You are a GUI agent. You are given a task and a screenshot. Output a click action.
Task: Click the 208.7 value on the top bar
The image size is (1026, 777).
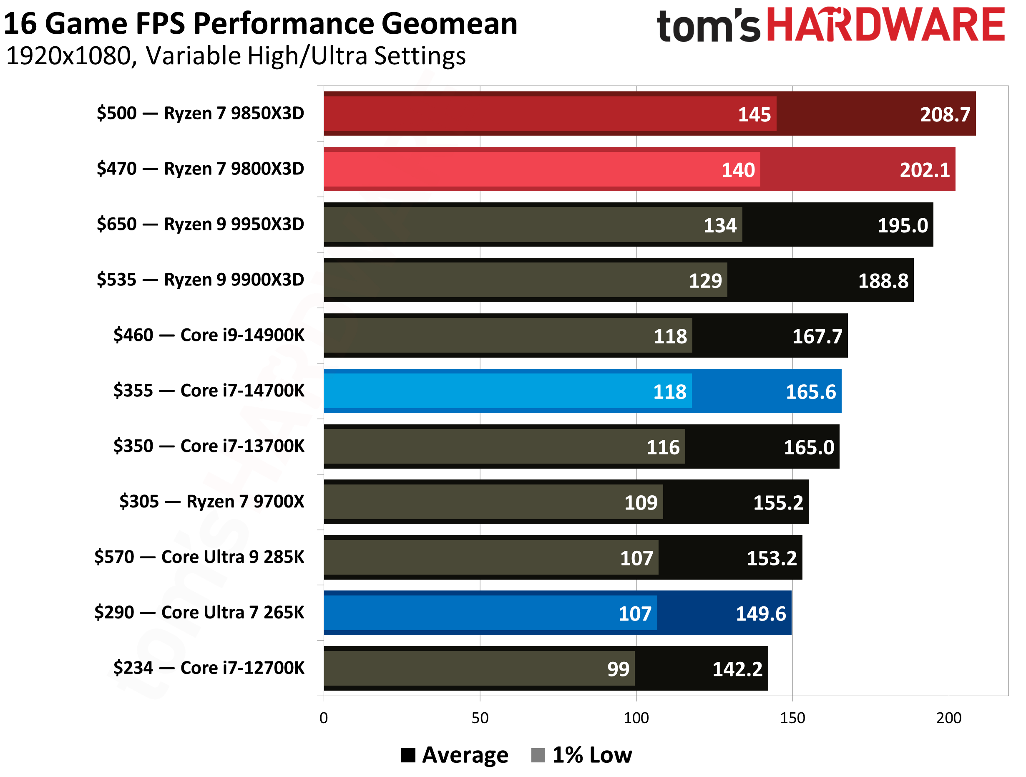click(x=945, y=115)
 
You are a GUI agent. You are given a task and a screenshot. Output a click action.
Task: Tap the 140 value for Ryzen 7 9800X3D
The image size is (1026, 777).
click(x=738, y=170)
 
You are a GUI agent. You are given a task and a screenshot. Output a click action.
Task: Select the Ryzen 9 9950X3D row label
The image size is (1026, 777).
click(x=200, y=224)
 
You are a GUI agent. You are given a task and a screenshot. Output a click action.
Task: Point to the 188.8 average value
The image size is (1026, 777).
click(x=883, y=281)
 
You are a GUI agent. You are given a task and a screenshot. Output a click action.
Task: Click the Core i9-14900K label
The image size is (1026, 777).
click(x=209, y=335)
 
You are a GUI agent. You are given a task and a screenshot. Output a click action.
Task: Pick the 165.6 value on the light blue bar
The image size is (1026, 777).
click(x=810, y=392)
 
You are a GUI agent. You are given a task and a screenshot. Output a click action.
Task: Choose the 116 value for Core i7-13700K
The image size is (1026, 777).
click(x=663, y=447)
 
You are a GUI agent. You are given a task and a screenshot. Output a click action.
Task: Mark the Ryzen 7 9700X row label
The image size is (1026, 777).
click(x=211, y=501)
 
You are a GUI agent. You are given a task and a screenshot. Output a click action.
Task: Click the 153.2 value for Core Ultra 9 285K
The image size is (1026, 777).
click(x=771, y=558)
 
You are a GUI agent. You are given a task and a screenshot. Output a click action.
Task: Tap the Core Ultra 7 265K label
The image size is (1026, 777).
click(x=199, y=613)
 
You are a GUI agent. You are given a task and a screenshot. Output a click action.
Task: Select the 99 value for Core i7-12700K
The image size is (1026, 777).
click(x=618, y=669)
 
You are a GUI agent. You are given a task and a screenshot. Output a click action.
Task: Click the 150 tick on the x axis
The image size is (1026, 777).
click(x=792, y=718)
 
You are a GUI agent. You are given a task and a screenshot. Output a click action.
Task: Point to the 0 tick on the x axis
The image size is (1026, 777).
click(x=324, y=718)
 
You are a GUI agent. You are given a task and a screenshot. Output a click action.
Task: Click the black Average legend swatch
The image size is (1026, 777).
click(x=408, y=755)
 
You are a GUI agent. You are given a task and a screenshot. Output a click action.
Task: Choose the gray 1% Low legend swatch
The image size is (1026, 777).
click(x=538, y=755)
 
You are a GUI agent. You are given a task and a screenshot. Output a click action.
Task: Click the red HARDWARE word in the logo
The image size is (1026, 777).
click(x=886, y=25)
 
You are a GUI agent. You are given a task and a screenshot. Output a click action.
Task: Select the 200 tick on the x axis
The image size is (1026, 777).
click(x=948, y=718)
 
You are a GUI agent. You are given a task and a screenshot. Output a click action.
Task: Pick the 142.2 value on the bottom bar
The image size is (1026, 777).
click(x=737, y=669)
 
